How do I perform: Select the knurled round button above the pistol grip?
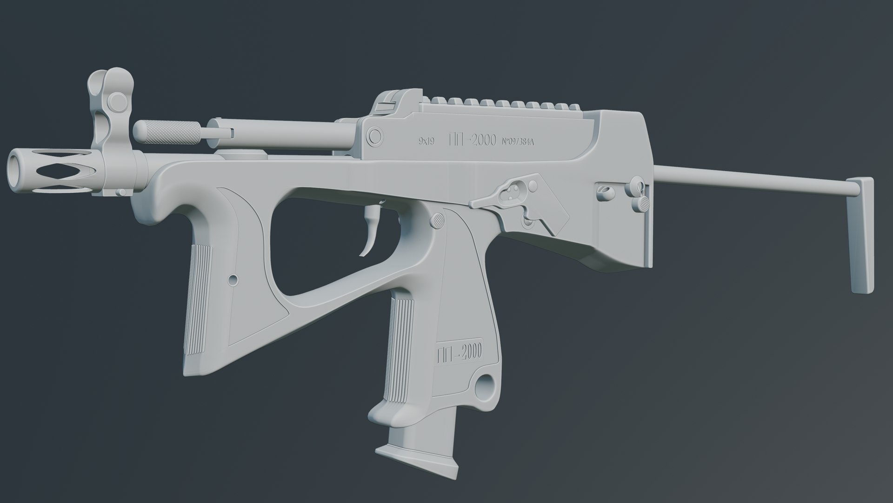coord(437,220)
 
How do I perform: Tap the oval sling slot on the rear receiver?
coord(605,191)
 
